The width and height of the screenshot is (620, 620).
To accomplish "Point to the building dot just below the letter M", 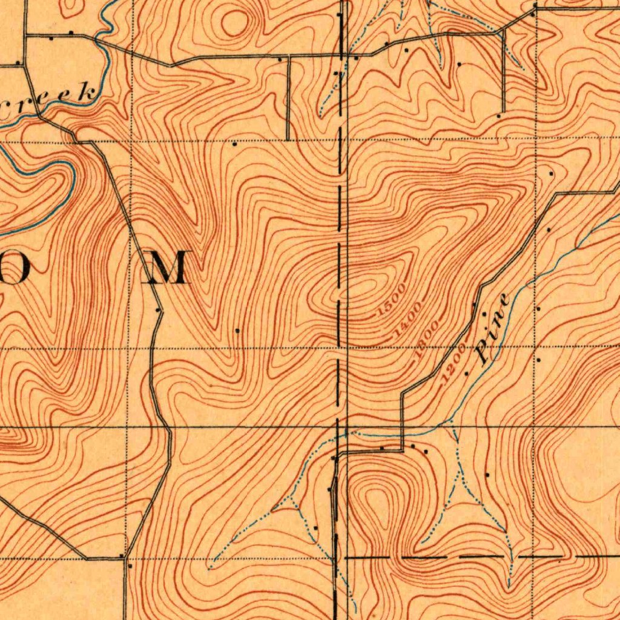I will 159,309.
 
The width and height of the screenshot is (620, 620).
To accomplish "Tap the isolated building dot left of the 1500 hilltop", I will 237,331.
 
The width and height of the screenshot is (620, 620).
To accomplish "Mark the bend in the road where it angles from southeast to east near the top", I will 173,64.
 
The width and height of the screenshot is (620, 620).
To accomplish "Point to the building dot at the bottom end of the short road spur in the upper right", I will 499,115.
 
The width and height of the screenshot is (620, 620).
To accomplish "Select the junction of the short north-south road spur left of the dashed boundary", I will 288,56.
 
